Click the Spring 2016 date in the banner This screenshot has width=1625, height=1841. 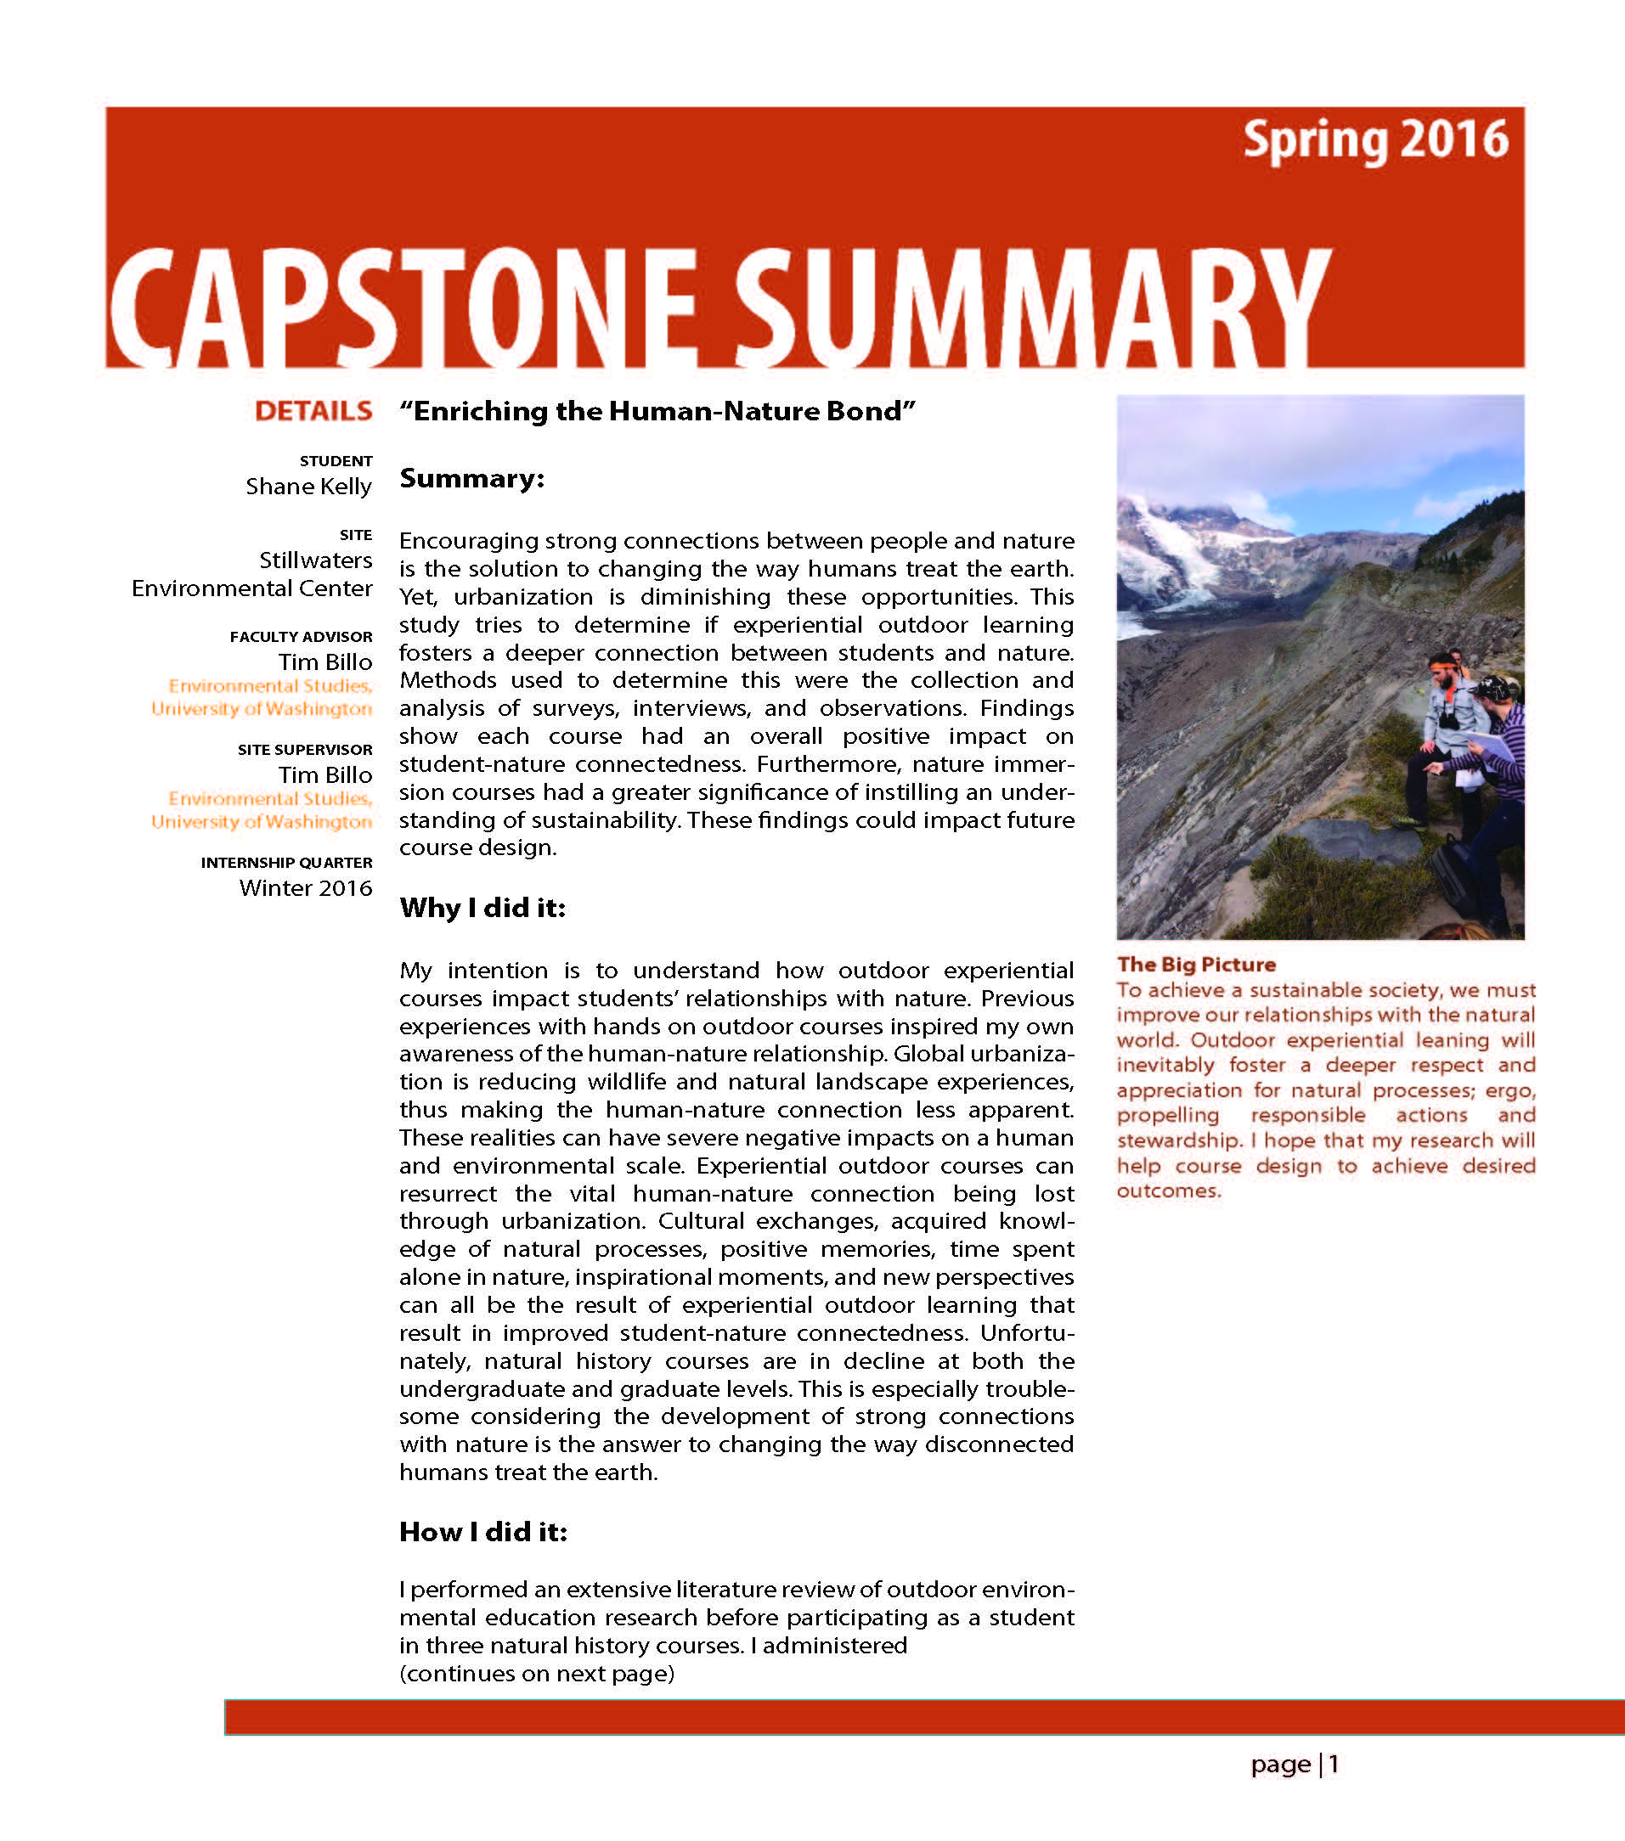click(1374, 140)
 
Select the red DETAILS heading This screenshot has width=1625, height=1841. click(313, 412)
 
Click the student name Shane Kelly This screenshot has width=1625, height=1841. click(308, 487)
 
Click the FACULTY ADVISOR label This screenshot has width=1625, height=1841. click(300, 637)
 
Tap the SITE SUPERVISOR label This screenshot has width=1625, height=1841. click(304, 749)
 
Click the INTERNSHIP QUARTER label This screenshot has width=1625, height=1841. click(285, 863)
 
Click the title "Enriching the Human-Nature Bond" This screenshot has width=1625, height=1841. click(657, 412)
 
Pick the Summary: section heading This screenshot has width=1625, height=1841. click(472, 478)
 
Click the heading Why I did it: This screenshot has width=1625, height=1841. click(482, 908)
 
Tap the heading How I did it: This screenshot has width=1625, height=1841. click(482, 1532)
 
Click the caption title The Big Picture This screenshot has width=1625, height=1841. click(1195, 965)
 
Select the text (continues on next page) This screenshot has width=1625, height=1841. click(537, 1674)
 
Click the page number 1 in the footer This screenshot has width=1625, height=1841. click(1333, 1765)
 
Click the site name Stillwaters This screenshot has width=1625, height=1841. click(315, 560)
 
